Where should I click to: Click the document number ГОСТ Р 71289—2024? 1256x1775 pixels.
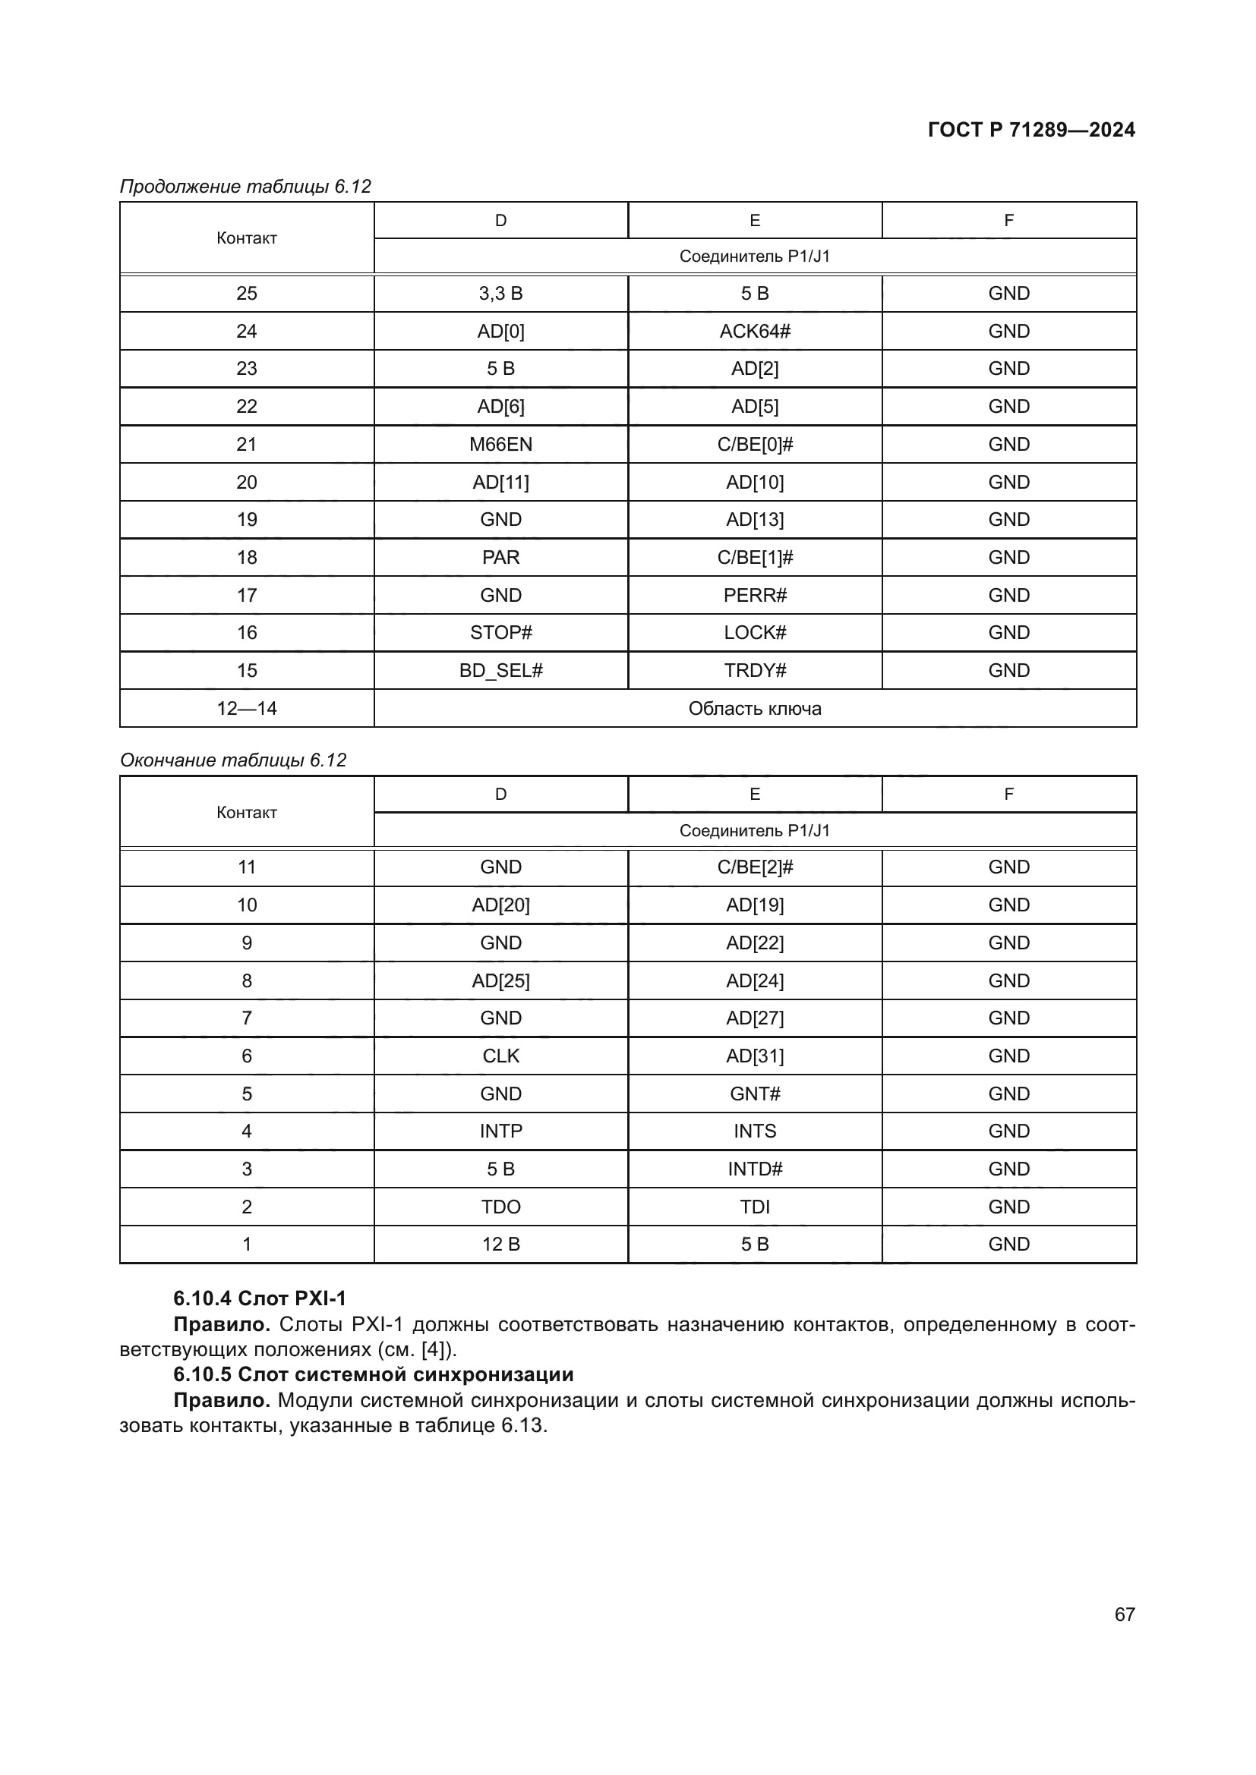click(x=1031, y=130)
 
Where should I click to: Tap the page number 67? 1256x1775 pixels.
click(x=1125, y=1614)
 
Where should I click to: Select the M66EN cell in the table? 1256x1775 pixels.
click(x=500, y=445)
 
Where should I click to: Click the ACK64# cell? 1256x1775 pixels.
click(x=754, y=332)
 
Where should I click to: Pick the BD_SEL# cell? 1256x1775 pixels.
click(x=500, y=670)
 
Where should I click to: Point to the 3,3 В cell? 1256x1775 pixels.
click(x=500, y=294)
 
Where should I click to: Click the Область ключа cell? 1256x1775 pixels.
click(x=754, y=708)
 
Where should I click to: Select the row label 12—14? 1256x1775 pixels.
click(x=247, y=708)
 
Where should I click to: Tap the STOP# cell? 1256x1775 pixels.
click(x=500, y=632)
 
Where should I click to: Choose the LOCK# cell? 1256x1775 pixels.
click(x=754, y=632)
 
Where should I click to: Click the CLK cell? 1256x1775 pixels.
click(x=500, y=1056)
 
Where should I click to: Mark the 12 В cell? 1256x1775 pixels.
click(x=500, y=1244)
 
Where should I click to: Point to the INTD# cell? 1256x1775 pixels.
click(x=754, y=1169)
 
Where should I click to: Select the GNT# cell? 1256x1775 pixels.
click(x=754, y=1094)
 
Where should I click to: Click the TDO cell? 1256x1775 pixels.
click(x=500, y=1207)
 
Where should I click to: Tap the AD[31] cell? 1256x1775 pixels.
click(x=754, y=1056)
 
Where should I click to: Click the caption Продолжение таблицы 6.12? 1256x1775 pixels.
click(x=245, y=187)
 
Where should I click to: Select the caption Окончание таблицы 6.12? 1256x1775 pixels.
click(x=233, y=760)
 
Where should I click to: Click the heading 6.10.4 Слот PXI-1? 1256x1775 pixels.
click(x=260, y=1298)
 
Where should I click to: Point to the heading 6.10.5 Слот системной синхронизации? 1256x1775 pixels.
click(x=374, y=1374)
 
